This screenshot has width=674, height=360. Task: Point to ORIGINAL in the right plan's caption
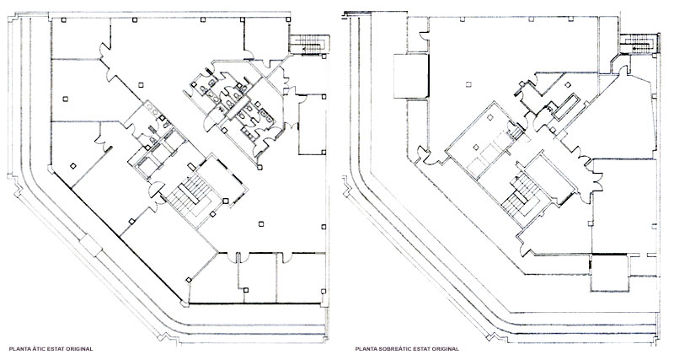click(x=445, y=349)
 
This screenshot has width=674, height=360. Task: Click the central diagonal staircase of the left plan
click(x=190, y=196)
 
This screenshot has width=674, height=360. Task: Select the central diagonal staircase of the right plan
click(x=522, y=194)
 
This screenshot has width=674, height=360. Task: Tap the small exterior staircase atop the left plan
click(x=308, y=44)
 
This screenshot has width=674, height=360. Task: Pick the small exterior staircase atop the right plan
click(x=639, y=44)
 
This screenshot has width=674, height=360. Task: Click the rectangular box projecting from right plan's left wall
click(x=411, y=76)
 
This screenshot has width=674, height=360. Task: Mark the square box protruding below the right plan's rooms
click(x=609, y=273)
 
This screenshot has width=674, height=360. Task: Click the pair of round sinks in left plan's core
click(x=152, y=108)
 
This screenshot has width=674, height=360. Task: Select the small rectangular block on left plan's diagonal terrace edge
click(x=91, y=245)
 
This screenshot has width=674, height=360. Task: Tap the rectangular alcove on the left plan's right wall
click(x=312, y=124)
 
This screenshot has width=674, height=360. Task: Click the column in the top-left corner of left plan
click(x=63, y=19)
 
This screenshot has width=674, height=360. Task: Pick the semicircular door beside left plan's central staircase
click(x=156, y=190)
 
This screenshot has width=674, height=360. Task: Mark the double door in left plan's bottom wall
click(x=234, y=257)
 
